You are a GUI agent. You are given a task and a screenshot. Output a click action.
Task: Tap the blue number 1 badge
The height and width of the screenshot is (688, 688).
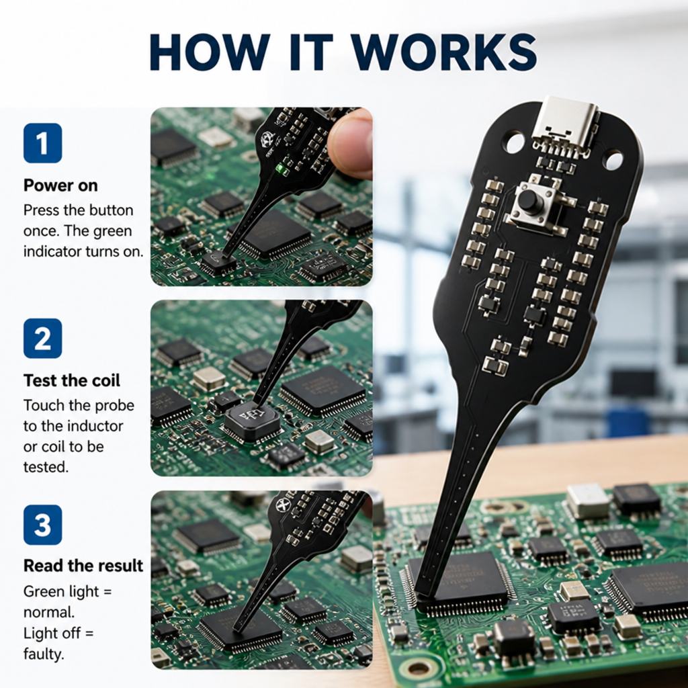tap(42, 143)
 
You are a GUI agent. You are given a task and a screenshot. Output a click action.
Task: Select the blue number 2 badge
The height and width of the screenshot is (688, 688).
tap(42, 339)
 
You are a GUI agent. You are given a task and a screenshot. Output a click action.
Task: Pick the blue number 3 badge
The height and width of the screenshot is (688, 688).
tap(42, 525)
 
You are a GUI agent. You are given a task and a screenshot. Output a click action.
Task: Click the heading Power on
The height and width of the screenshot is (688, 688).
tap(60, 185)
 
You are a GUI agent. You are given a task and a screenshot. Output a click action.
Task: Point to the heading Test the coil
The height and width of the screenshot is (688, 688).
tap(71, 380)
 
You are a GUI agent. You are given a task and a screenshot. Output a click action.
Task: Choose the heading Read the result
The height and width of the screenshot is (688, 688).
tap(83, 566)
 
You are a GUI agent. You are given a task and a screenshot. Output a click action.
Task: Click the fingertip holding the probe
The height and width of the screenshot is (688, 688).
tap(351, 142)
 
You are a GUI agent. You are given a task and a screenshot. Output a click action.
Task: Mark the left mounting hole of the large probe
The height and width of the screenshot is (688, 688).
tap(515, 142)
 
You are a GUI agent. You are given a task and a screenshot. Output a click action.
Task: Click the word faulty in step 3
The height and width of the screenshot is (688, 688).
tap(43, 654)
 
